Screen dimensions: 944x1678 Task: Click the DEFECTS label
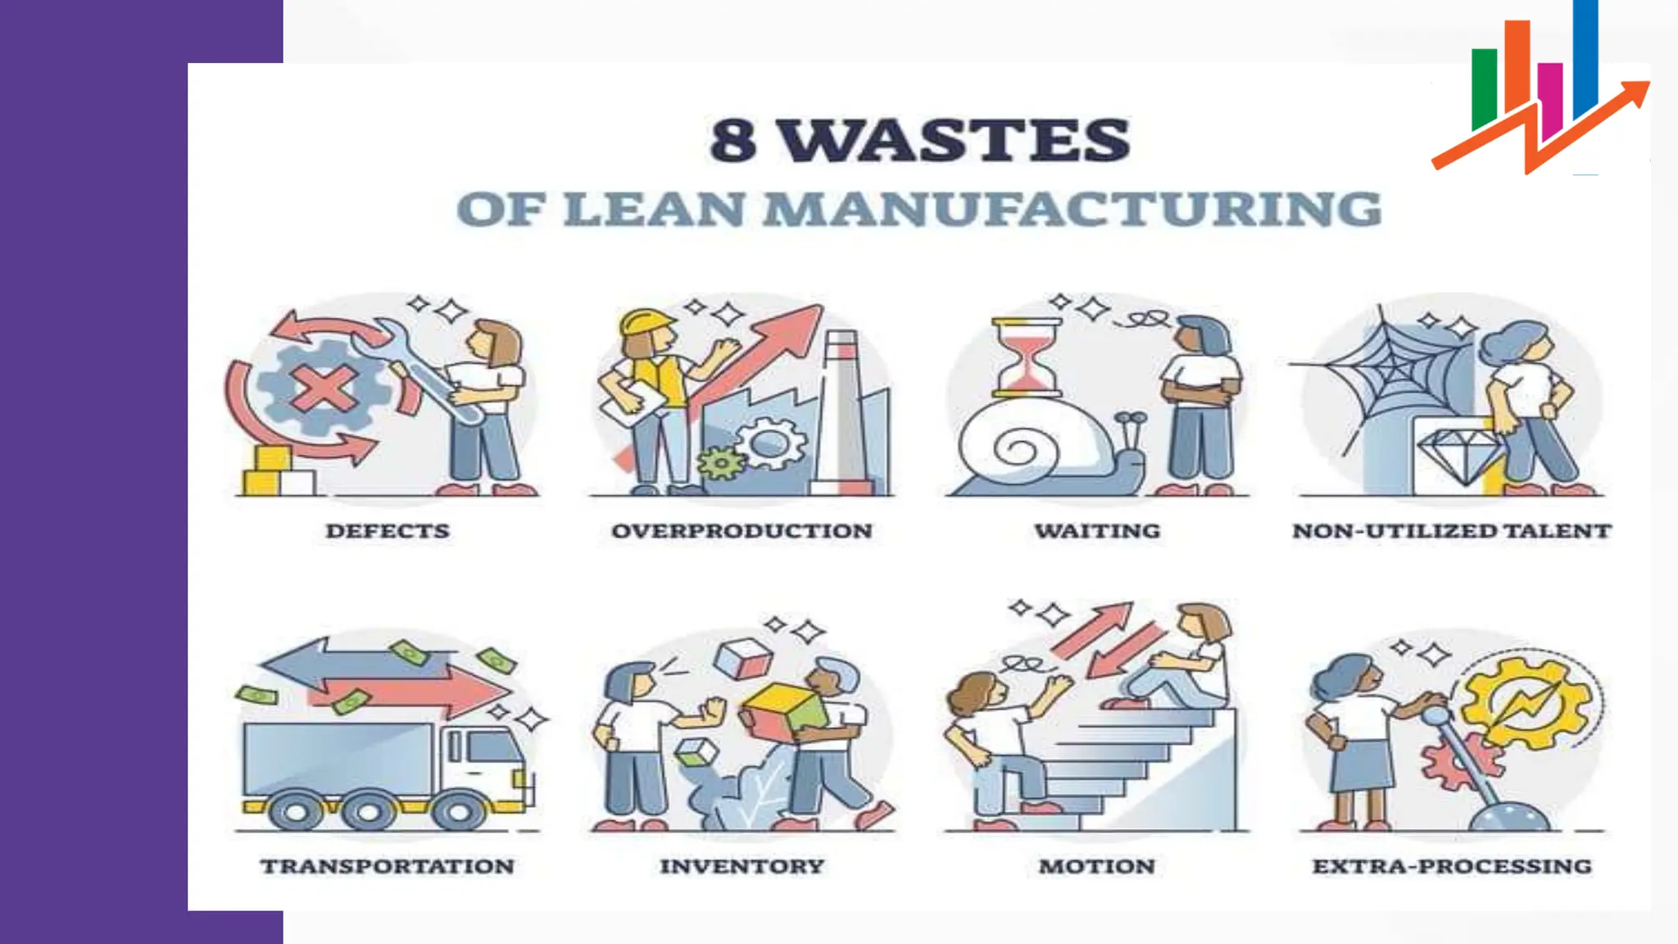(x=388, y=531)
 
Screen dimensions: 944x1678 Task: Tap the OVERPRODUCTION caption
(x=741, y=531)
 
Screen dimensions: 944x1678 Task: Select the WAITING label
(x=1097, y=531)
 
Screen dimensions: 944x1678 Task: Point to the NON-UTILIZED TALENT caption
(x=1451, y=531)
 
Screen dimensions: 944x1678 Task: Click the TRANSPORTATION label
(x=388, y=866)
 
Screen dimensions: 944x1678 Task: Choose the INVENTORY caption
(x=741, y=866)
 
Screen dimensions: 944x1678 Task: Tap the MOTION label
(x=1097, y=866)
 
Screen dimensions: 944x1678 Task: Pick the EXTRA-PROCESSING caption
(x=1451, y=866)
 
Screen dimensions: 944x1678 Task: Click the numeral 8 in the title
(x=732, y=140)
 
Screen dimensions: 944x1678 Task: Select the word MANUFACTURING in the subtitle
(x=1073, y=209)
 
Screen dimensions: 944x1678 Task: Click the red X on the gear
(x=324, y=388)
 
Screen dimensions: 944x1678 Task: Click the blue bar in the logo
(x=1585, y=57)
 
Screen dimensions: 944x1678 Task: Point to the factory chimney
(x=841, y=410)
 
